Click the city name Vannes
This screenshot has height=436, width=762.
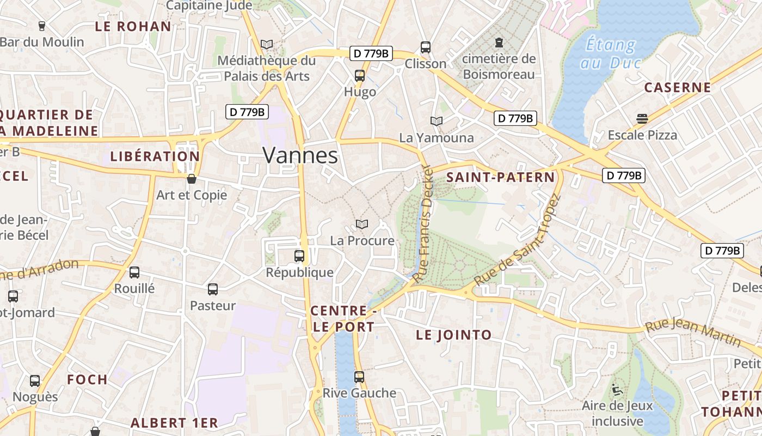(300, 155)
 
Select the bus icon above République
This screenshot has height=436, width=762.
(299, 256)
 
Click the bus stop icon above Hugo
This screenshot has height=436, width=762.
(360, 76)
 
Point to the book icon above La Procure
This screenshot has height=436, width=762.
(362, 224)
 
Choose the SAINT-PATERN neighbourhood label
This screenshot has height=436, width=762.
(500, 177)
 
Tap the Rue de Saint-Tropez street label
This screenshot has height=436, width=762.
(517, 240)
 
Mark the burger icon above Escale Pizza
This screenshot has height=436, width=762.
(642, 119)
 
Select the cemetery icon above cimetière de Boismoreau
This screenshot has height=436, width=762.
(499, 43)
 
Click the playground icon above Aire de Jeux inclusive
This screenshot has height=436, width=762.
(617, 389)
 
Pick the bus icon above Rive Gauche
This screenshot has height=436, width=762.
(359, 377)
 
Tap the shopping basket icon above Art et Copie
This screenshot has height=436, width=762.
(192, 178)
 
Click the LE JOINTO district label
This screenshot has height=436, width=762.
(453, 335)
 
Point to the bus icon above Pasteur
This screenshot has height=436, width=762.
(213, 289)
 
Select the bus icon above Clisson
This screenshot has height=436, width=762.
(426, 47)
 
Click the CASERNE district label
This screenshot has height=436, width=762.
(678, 87)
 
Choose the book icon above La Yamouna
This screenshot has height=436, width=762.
(437, 121)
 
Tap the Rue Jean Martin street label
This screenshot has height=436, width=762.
(693, 334)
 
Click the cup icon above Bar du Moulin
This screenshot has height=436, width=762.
(42, 26)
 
